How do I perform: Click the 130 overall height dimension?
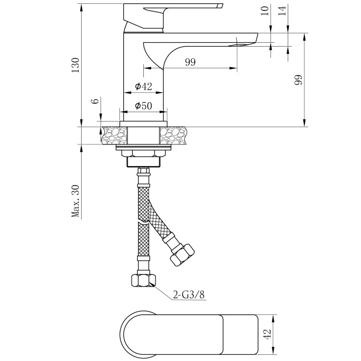75,65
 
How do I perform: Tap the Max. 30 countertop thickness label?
76,201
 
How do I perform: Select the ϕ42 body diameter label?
144,86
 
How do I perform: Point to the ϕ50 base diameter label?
144,106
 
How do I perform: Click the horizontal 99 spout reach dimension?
190,62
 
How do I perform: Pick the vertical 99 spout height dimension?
298,79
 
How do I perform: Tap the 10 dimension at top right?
265,11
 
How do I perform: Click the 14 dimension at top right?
282,11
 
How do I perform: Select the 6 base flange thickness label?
95,101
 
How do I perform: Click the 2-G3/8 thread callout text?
189,294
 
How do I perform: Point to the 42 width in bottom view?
267,334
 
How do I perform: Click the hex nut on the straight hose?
144,280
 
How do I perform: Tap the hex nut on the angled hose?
182,255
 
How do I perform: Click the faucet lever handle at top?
173,16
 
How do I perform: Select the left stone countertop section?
114,136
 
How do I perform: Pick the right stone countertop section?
174,136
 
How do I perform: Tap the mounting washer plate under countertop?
144,147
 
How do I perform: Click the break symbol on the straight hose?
144,222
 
